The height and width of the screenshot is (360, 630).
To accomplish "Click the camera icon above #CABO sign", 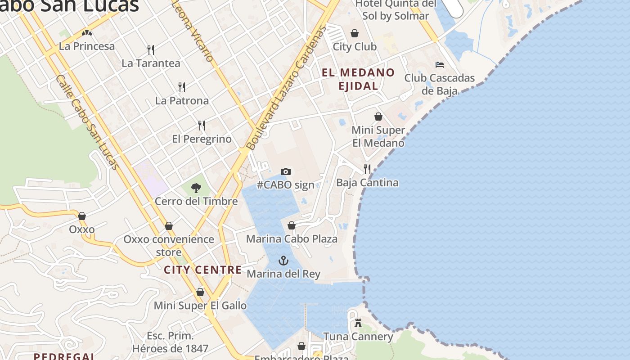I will click(285, 171).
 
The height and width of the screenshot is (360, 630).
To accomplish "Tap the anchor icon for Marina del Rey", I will click(283, 261).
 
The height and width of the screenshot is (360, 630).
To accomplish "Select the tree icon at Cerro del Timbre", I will click(196, 188).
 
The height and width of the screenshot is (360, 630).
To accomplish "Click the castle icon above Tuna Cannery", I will click(358, 323).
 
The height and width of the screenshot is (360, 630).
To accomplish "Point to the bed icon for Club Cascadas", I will click(440, 65).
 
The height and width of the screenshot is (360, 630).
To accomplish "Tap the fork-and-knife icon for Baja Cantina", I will click(367, 169).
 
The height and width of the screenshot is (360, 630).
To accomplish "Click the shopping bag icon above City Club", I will click(355, 33).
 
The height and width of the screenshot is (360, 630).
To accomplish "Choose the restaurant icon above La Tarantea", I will click(151, 49).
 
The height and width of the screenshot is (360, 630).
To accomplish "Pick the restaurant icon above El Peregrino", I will click(202, 126).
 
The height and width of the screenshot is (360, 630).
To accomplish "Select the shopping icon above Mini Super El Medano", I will click(378, 117).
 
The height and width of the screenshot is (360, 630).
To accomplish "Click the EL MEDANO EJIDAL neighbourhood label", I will click(358, 79).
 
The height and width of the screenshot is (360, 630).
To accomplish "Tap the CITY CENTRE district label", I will click(202, 270).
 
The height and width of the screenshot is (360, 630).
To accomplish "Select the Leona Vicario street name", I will click(193, 31).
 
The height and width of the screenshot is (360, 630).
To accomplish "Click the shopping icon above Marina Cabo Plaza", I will click(292, 225).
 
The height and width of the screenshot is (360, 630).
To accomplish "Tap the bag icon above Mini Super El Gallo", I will click(200, 292).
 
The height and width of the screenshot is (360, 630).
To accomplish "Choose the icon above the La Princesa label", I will click(87, 33).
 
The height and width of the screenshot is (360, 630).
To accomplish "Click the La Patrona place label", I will click(182, 101).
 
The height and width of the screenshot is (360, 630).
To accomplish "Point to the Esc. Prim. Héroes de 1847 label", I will click(170, 342).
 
